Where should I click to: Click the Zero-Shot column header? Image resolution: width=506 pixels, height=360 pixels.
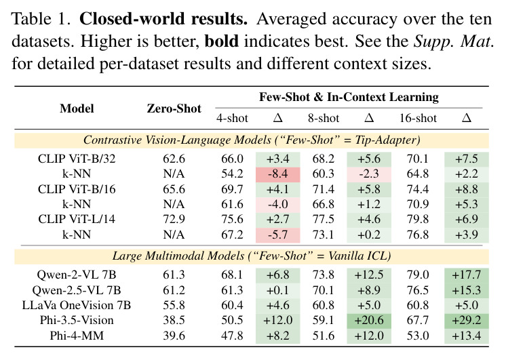pos(174,108)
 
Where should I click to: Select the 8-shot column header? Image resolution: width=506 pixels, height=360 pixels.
pos(324,118)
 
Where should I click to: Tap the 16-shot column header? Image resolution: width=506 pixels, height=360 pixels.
pos(418,118)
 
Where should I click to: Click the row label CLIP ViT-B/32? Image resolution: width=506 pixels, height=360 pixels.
pos(77,159)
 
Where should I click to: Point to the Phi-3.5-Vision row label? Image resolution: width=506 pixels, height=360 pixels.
pos(77,320)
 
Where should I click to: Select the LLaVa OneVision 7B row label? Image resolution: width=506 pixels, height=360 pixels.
pos(77,305)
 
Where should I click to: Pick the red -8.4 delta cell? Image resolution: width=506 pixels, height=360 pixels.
pos(278,174)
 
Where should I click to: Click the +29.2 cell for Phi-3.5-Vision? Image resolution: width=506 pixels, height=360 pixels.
pos(467,320)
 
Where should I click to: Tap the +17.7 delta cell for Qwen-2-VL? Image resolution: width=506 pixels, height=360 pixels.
pos(467,275)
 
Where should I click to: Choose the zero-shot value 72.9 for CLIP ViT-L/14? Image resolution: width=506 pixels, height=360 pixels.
pos(174,220)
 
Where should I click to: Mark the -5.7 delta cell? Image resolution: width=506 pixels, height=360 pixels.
pos(278,235)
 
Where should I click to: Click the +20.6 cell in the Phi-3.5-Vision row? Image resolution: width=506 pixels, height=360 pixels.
pos(369,320)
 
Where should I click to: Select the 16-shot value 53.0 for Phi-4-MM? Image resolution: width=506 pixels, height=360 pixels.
pos(418,336)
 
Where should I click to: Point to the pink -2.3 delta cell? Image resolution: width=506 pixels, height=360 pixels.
pos(369,174)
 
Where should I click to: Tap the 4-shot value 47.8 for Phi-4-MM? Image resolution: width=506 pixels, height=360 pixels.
pos(232,336)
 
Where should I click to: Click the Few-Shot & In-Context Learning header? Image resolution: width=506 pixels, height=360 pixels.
pos(349,97)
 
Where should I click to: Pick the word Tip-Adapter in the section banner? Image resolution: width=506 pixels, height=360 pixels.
pos(387,140)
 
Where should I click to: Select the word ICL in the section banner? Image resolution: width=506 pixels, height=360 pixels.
pos(378,256)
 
